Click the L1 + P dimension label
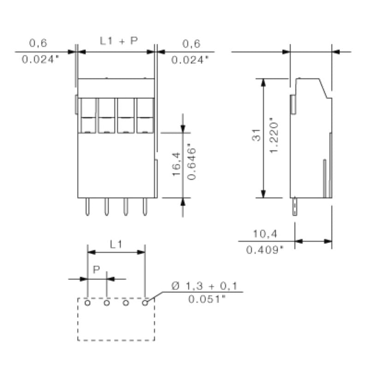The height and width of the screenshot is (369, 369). (x=119, y=41)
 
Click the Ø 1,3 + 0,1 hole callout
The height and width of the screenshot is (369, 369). (x=204, y=287)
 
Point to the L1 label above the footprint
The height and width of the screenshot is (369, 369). (x=116, y=244)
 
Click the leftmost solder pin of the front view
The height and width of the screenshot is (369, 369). (x=87, y=207)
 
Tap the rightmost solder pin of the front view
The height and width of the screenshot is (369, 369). (x=145, y=207)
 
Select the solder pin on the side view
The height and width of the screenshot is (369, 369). (x=293, y=207)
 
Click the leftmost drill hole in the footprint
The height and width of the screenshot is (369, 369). (x=87, y=303)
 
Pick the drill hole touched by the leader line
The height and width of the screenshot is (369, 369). (x=145, y=303)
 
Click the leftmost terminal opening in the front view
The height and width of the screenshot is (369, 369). (x=87, y=115)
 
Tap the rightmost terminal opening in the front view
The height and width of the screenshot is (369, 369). (x=145, y=115)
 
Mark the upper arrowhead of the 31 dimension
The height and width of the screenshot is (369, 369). (x=263, y=83)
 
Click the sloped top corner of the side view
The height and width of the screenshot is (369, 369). (x=325, y=88)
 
